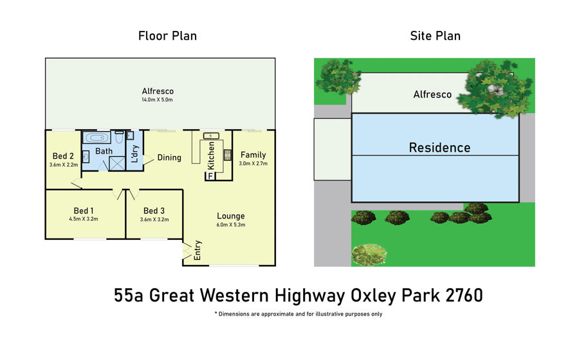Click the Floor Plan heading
pos(167,36)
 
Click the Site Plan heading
pos(435,36)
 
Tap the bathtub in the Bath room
pos(96,138)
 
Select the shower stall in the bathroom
pos(117,163)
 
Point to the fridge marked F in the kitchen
pos(210,176)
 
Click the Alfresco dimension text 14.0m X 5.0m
pos(158,100)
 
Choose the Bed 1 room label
pos(84,211)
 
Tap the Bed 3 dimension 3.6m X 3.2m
pos(154,219)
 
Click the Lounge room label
pos(231,216)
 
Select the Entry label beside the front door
pos(198,250)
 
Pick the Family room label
pos(253,155)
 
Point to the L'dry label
pos(134,154)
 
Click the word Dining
pos(169,157)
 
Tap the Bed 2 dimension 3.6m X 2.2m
pos(64,165)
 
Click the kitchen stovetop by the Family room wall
pos(228,154)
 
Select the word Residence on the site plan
pos(439,148)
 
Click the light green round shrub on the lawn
pos(369,255)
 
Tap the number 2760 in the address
pos(464,296)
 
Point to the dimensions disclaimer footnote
pos(299,314)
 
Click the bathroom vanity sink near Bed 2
pos(86,157)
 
